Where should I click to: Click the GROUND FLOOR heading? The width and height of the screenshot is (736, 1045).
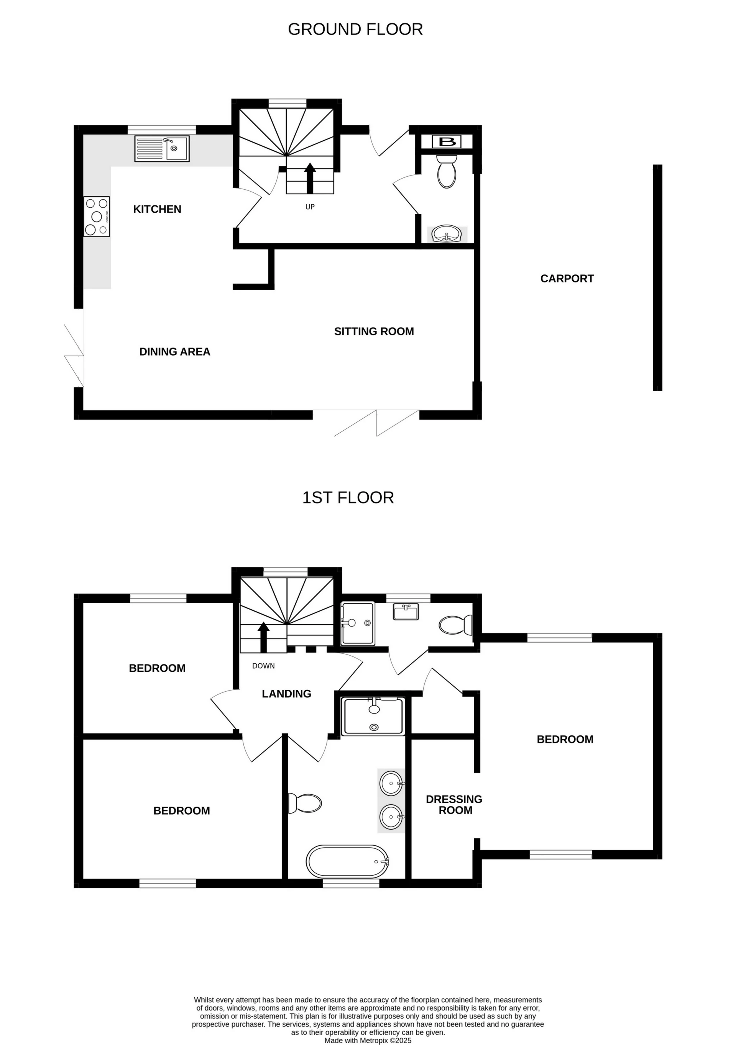click(x=355, y=29)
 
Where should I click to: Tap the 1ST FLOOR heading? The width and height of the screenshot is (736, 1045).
click(x=348, y=497)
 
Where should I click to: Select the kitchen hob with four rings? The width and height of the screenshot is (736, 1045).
click(x=97, y=216)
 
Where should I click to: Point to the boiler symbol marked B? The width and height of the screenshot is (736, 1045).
click(x=447, y=141)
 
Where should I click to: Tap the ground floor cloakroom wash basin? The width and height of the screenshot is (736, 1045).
click(x=447, y=235)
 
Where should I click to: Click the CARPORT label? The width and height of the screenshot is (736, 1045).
click(x=567, y=279)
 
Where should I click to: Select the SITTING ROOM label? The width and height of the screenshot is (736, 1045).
click(x=374, y=331)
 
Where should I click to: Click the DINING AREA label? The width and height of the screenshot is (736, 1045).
click(x=174, y=351)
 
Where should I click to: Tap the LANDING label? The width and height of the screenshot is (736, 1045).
click(x=286, y=694)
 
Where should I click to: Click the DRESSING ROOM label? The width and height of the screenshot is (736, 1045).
click(x=454, y=804)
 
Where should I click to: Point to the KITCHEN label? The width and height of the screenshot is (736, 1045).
click(x=157, y=209)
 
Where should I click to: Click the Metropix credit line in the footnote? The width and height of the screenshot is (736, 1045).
click(x=367, y=1040)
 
